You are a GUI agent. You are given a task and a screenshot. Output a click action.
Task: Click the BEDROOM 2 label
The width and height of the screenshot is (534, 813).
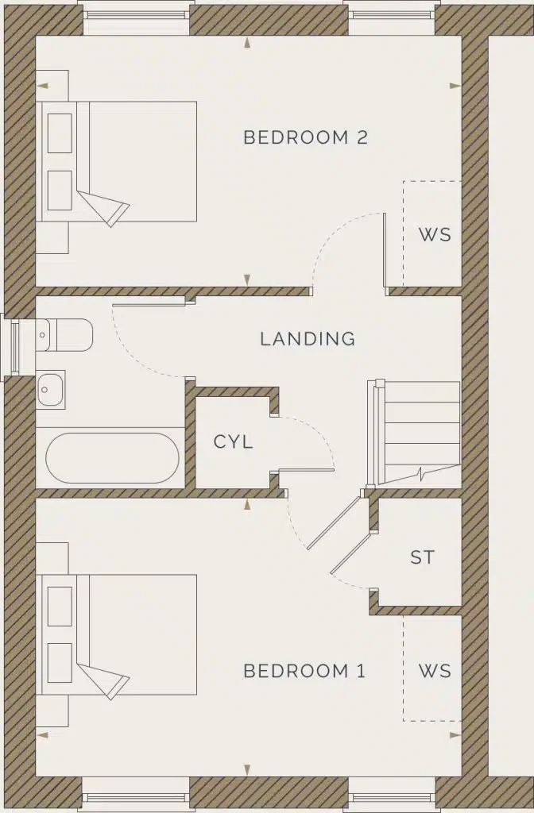305,137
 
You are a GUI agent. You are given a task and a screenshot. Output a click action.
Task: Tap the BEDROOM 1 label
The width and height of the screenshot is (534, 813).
304,671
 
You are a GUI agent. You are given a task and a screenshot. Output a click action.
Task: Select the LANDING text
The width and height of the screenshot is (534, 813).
308,339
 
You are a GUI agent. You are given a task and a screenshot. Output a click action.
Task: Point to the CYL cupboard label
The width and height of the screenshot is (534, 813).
234,442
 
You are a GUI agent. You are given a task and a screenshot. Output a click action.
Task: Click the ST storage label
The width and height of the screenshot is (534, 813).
423,557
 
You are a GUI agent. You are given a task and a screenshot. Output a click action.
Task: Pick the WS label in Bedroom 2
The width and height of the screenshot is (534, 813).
434,235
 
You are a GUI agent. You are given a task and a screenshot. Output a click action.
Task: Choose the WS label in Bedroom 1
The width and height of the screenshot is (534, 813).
434,671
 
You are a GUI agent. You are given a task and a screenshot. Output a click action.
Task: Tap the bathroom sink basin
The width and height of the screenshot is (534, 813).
51,389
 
